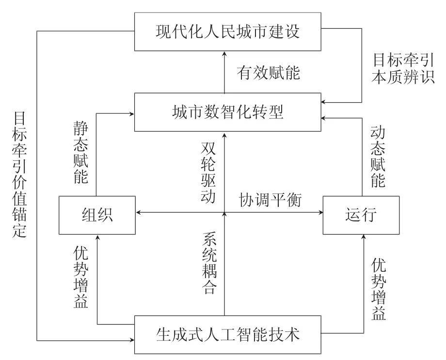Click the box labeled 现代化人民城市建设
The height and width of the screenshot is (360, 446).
click(228, 32)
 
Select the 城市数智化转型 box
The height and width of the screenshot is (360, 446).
click(228, 112)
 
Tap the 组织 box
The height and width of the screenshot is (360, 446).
click(97, 214)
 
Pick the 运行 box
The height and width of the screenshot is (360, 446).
click(361, 214)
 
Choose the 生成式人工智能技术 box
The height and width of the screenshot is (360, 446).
click(228, 334)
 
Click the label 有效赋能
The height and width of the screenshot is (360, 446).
click(268, 73)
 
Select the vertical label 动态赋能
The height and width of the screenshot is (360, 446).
click(378, 157)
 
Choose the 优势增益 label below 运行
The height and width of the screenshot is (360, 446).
click(379, 289)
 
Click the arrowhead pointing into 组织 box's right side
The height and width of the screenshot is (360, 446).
click(139, 212)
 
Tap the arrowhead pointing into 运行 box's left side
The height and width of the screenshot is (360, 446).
click(319, 212)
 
